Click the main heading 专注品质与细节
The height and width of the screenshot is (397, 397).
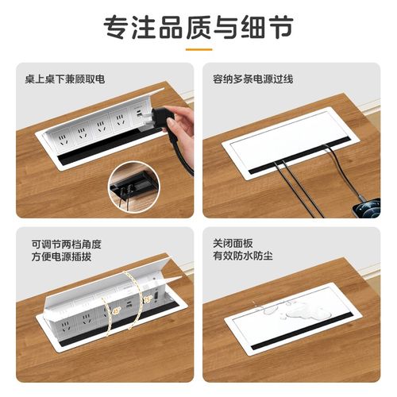(x=198, y=27)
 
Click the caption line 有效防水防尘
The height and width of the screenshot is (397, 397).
(x=246, y=257)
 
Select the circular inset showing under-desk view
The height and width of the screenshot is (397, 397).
(x=132, y=186)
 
